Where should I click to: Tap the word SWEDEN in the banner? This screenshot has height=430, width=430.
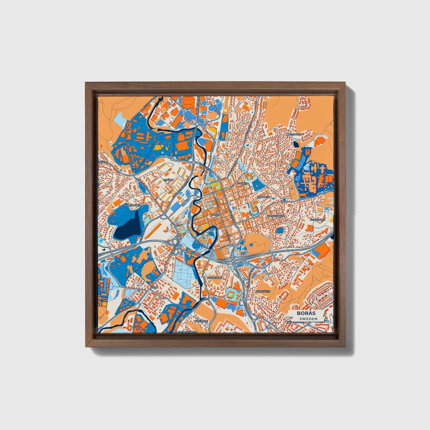(x=308, y=319)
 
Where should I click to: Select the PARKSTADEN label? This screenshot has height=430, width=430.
(x=132, y=205)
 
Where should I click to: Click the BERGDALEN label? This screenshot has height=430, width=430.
(x=294, y=134)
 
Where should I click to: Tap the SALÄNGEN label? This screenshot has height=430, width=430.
(x=264, y=197)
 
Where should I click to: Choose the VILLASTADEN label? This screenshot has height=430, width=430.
(x=275, y=215)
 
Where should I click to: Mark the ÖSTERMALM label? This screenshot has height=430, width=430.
(x=318, y=219)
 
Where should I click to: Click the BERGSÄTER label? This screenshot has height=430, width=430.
(x=263, y=291)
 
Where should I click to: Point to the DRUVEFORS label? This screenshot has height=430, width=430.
(x=214, y=278)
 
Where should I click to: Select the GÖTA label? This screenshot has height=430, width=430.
(x=154, y=288)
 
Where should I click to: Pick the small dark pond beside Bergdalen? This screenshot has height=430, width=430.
(x=295, y=144)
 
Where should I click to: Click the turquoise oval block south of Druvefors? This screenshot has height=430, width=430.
(x=232, y=295)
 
